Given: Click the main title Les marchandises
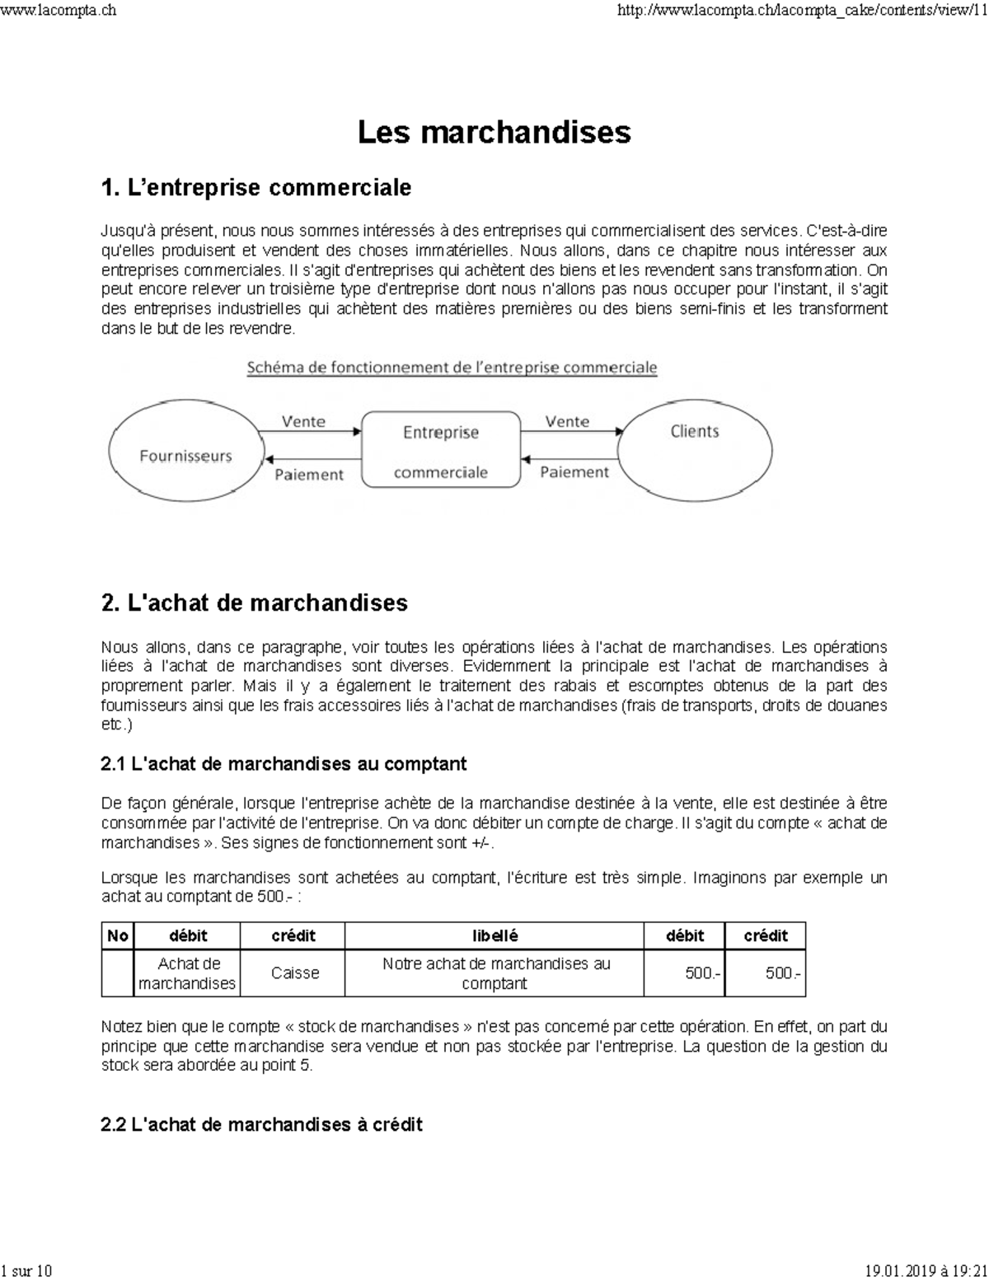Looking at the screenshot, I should (494, 132).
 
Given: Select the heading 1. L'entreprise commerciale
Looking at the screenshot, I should (255, 188).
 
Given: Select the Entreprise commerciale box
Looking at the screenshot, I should (441, 451).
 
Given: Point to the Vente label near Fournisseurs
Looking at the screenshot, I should (303, 421).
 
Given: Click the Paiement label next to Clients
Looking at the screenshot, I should (574, 472).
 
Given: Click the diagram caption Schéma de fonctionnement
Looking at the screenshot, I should (452, 368).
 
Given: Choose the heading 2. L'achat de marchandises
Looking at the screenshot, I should (254, 603).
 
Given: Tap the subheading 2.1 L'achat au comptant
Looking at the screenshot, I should (284, 764).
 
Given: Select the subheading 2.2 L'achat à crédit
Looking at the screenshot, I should (261, 1124).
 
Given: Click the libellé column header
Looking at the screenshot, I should (494, 935).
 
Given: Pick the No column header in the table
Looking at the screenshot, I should (118, 935).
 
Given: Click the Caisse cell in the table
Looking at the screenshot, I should (294, 973).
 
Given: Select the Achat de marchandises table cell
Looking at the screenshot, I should (187, 973).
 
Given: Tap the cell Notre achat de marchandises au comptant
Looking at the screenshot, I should (494, 973).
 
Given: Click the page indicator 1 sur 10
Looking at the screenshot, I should (26, 1271).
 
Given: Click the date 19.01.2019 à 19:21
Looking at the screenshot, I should (926, 1271).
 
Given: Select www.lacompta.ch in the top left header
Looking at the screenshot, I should (58, 10).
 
